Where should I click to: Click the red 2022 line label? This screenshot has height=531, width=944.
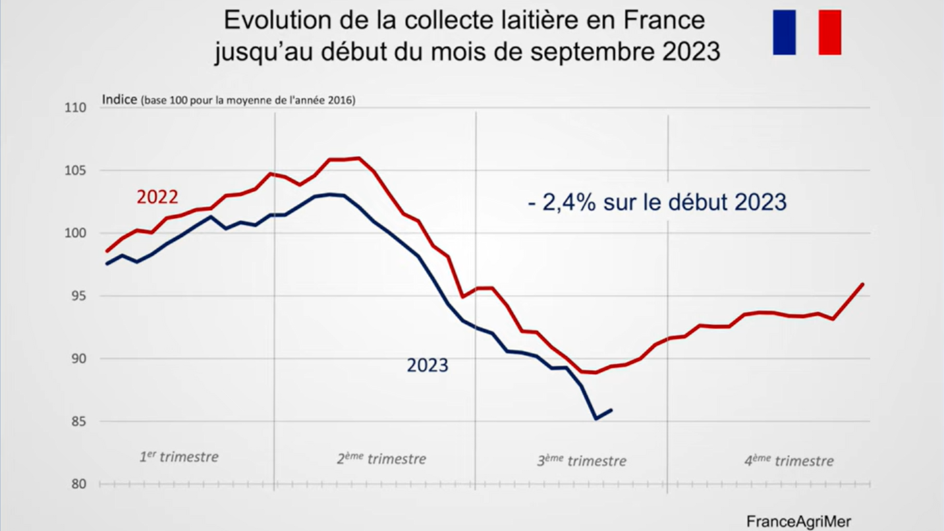[157, 197]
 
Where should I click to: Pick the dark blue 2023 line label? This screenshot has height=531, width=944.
[427, 366]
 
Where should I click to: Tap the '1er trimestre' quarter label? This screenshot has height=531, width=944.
[179, 457]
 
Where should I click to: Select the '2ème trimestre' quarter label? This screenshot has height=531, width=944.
[381, 459]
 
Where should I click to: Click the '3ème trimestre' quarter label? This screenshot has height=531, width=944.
[581, 461]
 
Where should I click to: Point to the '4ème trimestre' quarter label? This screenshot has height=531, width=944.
[789, 462]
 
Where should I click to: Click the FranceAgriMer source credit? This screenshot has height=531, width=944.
[798, 522]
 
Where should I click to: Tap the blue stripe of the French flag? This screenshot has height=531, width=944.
[784, 32]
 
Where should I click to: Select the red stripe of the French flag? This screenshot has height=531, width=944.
[829, 32]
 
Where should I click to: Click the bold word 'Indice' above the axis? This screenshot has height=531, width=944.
[119, 100]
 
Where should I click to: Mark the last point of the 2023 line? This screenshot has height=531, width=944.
[611, 410]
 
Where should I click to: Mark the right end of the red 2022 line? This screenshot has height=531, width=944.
[863, 284]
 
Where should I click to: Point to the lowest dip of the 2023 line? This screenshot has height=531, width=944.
[596, 419]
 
